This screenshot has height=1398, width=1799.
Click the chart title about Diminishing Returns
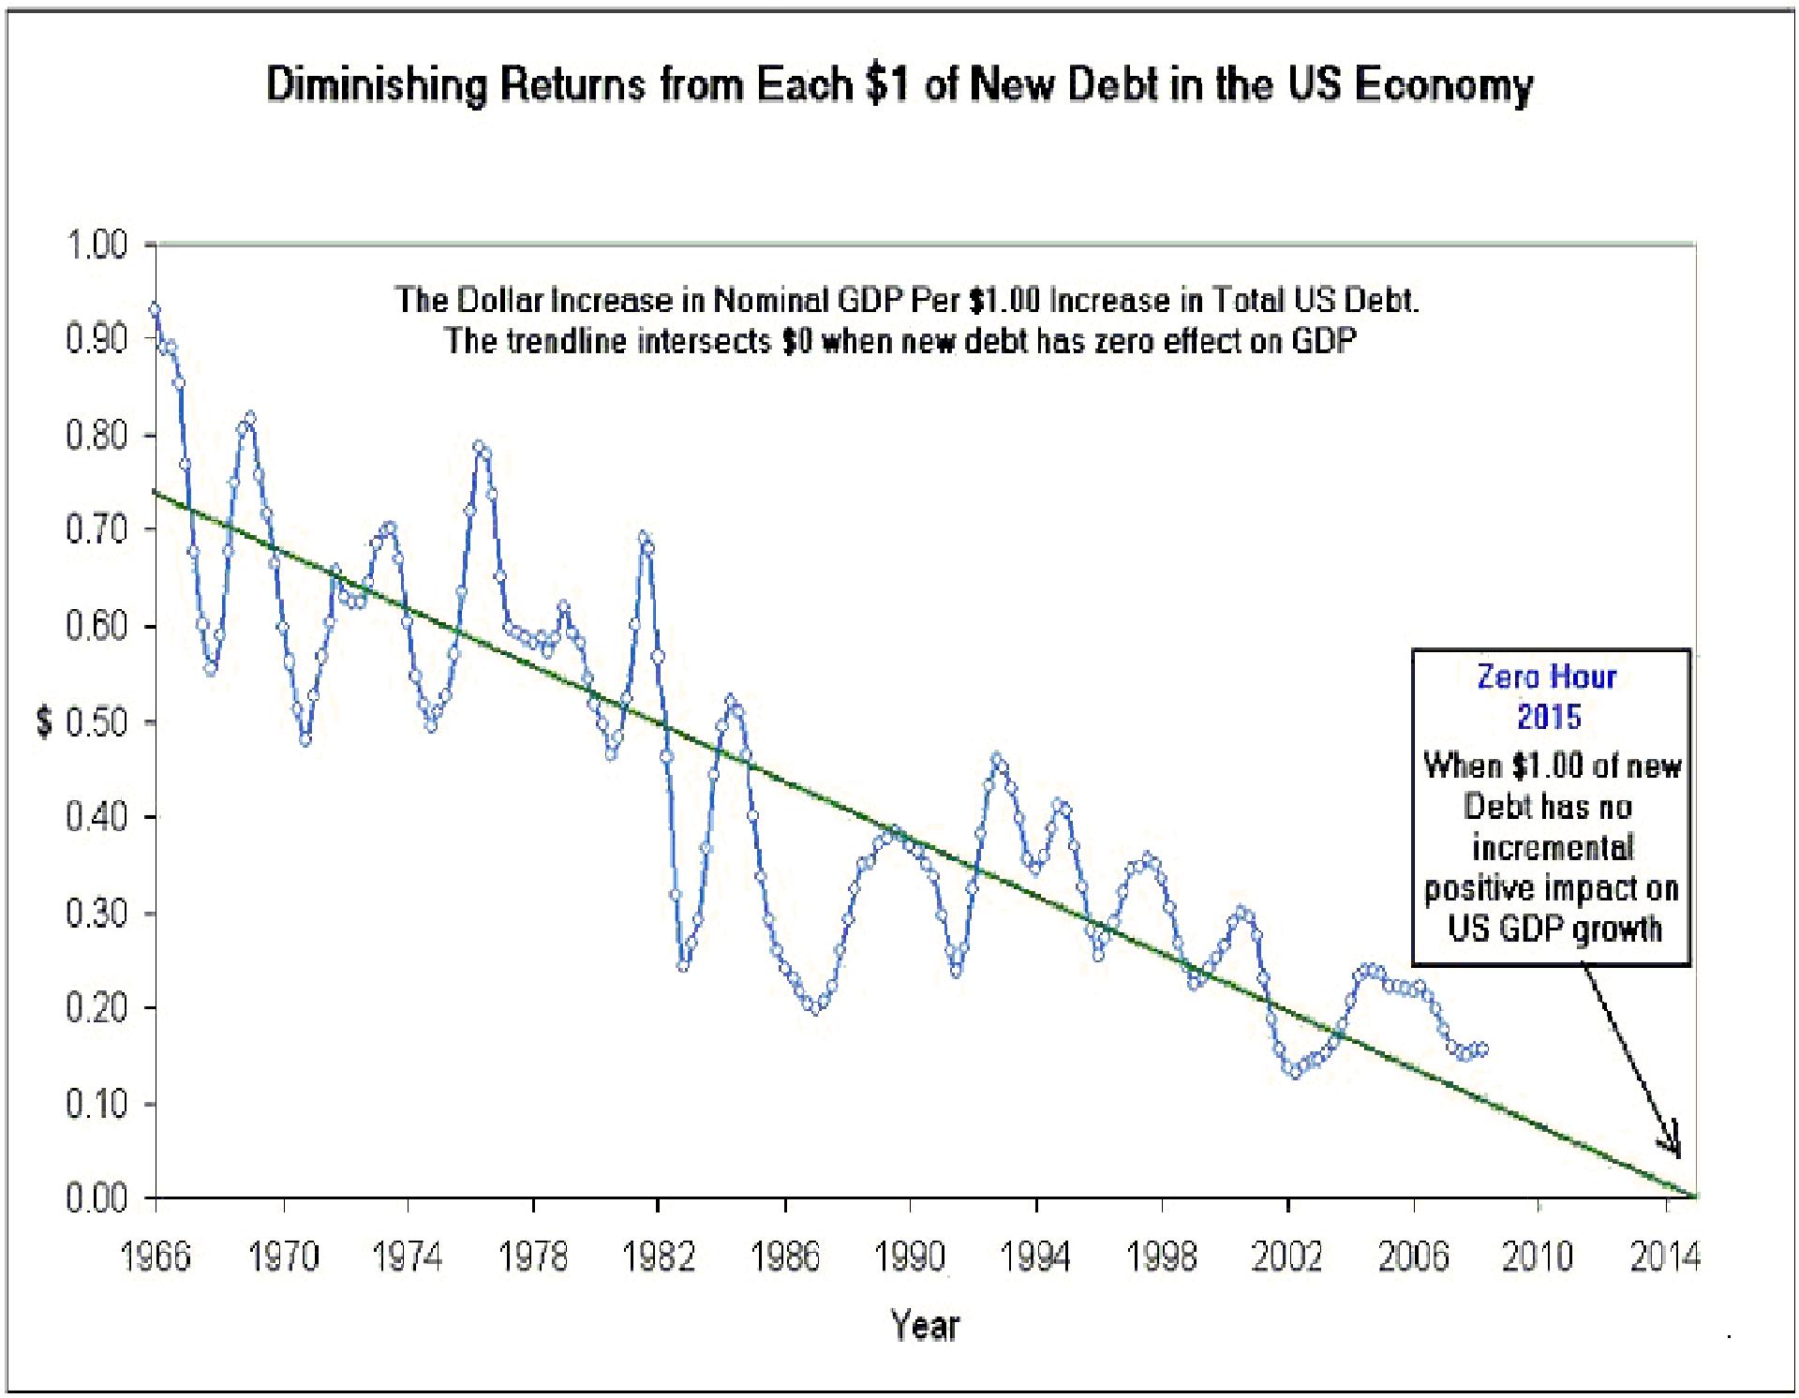[899, 85]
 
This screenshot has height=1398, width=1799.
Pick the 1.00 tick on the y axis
[97, 245]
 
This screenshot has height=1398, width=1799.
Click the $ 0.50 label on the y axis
[82, 722]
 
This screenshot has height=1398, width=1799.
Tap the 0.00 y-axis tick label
[97, 1198]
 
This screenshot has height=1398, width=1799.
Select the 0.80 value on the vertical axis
[97, 436]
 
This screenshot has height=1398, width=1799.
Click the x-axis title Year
[925, 1326]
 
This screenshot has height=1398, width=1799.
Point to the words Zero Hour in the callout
[1547, 677]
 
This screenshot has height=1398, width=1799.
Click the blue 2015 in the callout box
[1549, 717]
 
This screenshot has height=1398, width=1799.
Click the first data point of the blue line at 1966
[156, 309]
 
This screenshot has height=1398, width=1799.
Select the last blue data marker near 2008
[1481, 1049]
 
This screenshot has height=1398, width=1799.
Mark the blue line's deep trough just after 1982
[683, 965]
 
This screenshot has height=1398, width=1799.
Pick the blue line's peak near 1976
[479, 446]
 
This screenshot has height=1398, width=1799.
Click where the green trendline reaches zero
[1694, 1197]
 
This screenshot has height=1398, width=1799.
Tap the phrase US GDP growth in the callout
[1554, 929]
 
